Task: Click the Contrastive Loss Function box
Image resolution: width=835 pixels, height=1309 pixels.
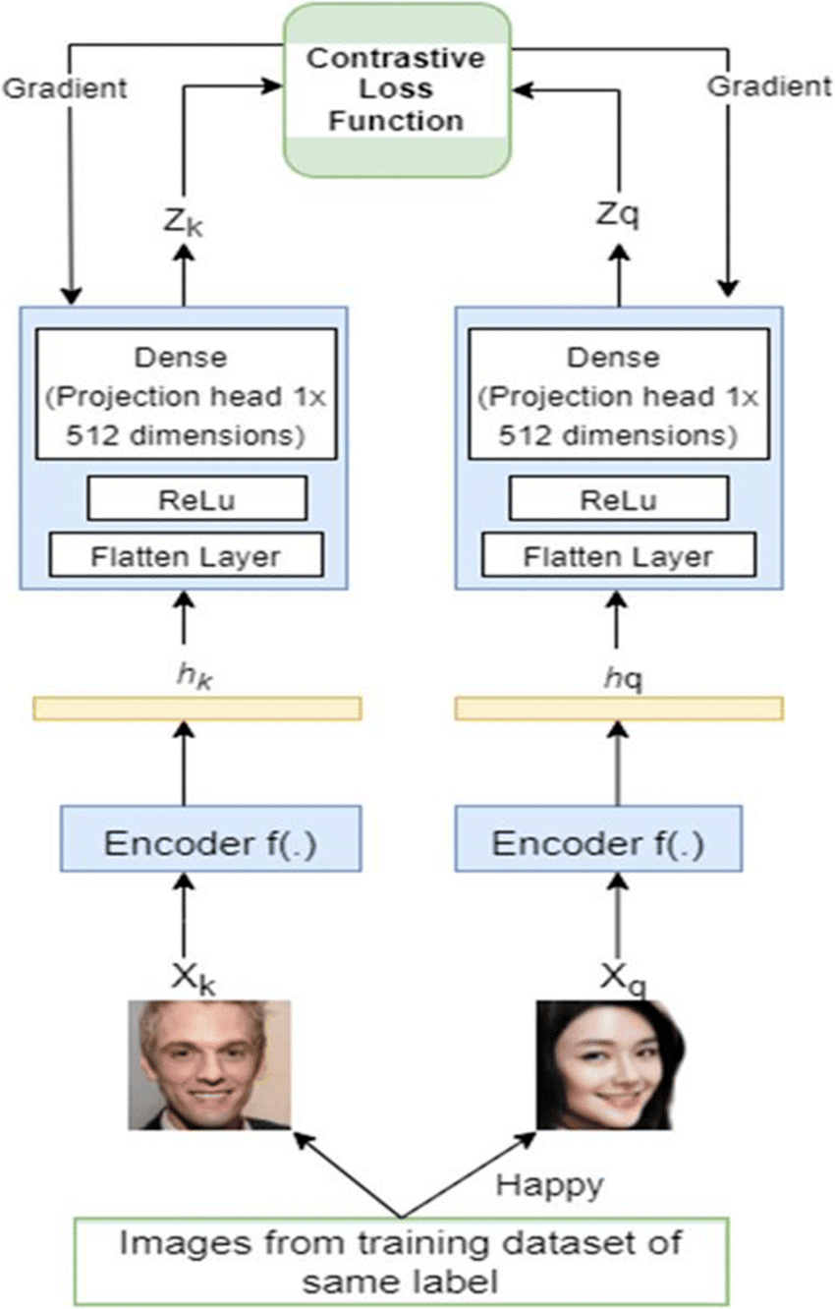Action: tap(397, 89)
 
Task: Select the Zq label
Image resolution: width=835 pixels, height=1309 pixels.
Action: tap(618, 214)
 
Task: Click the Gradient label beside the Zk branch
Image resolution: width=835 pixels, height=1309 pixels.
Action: tap(66, 88)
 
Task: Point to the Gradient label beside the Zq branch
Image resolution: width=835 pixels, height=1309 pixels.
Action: tap(769, 86)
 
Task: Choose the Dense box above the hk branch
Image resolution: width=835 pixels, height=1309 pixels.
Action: tap(183, 393)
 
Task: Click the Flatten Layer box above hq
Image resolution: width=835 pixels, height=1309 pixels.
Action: tap(618, 556)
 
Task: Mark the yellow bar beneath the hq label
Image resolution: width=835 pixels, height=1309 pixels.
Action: tap(619, 709)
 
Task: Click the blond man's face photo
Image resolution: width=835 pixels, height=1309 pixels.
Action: tap(209, 1064)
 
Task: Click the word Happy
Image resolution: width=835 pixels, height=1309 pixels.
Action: tap(548, 1186)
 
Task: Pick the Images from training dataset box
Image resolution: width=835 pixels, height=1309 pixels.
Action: tap(400, 1261)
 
